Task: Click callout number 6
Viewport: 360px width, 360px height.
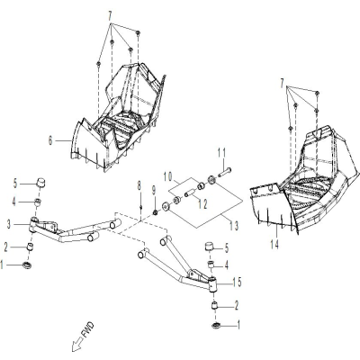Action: coord(50,139)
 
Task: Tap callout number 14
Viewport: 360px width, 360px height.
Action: coord(274,245)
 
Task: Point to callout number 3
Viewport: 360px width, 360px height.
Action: coord(9,224)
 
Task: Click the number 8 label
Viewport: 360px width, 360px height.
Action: coord(139,186)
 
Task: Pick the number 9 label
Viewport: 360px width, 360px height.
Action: coord(154,191)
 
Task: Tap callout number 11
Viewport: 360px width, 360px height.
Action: coord(221,154)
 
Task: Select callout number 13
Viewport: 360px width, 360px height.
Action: coord(234,226)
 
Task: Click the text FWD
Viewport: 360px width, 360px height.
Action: coord(87,330)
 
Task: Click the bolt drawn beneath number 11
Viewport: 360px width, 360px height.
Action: coord(225,174)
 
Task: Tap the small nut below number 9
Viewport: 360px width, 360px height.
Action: coord(156,212)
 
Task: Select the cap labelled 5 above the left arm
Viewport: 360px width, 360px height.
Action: coord(40,183)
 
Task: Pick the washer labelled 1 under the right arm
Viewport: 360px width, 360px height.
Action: coord(216,325)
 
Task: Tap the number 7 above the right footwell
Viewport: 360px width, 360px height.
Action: coord(282,85)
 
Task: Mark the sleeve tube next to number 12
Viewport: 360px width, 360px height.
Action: coord(188,194)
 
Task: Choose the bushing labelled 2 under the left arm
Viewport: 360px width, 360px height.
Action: coord(31,247)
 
